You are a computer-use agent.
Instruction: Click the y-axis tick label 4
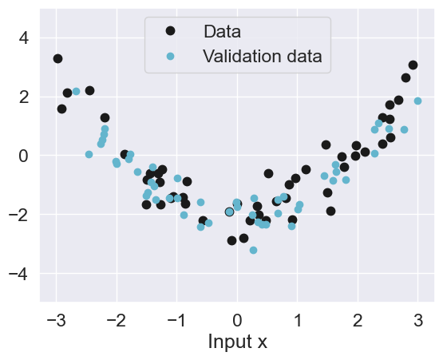[22, 38]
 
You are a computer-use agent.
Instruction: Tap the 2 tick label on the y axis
[22, 97]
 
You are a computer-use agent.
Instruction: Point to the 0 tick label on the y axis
[22, 156]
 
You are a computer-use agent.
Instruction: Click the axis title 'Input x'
[237, 342]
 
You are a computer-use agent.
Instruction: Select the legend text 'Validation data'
[262, 57]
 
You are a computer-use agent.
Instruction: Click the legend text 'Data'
[222, 32]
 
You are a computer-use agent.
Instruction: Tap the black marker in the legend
[169, 31]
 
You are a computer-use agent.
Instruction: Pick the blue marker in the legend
[169, 57]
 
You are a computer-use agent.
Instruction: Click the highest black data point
[57, 58]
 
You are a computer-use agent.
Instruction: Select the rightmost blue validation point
[417, 101]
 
